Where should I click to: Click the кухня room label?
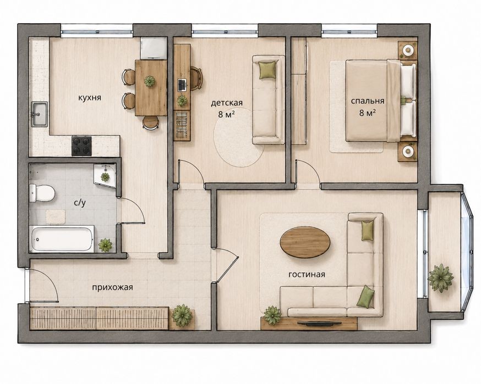pyautogui.click(x=90, y=98)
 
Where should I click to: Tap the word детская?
pyautogui.click(x=227, y=103)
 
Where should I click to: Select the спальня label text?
pyautogui.click(x=368, y=101)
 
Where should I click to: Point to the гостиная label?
pyautogui.click(x=307, y=274)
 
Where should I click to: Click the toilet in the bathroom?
pyautogui.click(x=42, y=193)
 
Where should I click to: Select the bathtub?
pyautogui.click(x=62, y=239)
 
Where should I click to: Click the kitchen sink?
pyautogui.click(x=40, y=114)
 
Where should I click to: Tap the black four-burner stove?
pyautogui.click(x=81, y=146)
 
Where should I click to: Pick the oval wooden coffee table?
pyautogui.click(x=305, y=242)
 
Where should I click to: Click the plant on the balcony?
pyautogui.click(x=440, y=278)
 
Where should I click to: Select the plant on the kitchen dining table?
pyautogui.click(x=150, y=81)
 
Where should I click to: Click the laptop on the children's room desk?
pyautogui.click(x=182, y=85)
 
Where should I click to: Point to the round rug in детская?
pyautogui.click(x=239, y=137)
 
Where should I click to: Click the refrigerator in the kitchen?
pyautogui.click(x=154, y=48)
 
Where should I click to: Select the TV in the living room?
pyautogui.click(x=319, y=322)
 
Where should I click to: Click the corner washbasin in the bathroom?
pyautogui.click(x=105, y=175)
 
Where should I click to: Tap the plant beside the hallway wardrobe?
pyautogui.click(x=183, y=315)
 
